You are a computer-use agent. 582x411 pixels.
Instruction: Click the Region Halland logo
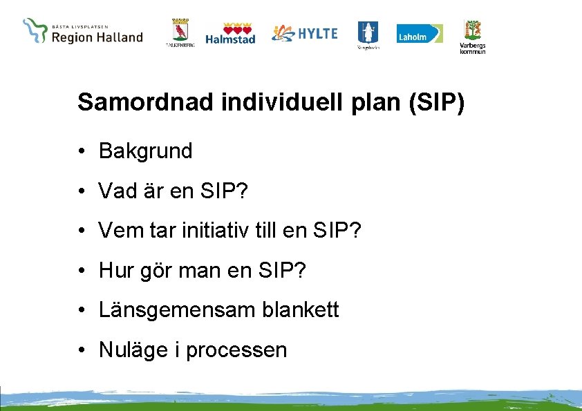83,32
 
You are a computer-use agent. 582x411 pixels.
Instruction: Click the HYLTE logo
304,33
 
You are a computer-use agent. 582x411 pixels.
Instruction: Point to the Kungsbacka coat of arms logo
367,35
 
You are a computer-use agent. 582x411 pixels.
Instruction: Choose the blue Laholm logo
420,34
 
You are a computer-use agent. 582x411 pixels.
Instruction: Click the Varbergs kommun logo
473,36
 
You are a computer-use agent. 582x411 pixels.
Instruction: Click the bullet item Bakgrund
145,151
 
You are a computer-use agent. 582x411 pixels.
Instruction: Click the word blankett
301,310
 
